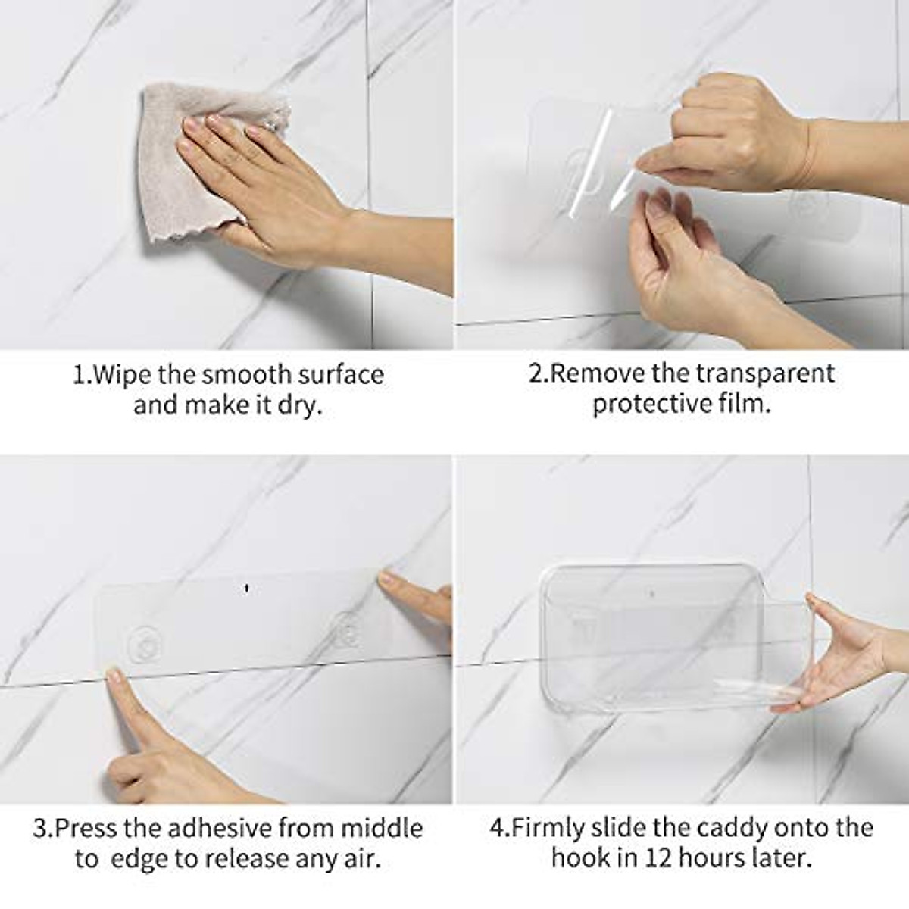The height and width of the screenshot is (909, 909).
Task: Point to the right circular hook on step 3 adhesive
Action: click(x=347, y=629)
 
